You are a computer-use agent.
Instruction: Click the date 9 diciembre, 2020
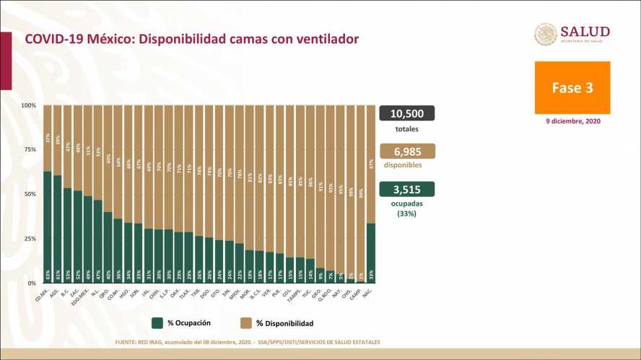tap(572, 121)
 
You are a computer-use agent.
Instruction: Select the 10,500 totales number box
tap(406, 113)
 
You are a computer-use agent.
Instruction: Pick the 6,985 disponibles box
tap(406, 151)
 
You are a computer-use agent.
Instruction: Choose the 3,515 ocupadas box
tap(406, 188)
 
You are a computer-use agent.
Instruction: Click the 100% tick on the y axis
tap(28, 105)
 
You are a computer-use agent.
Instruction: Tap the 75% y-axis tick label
tap(30, 150)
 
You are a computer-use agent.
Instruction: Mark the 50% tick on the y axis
tap(30, 194)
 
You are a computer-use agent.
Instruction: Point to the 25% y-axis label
tap(30, 239)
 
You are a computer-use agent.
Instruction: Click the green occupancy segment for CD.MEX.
tap(48, 227)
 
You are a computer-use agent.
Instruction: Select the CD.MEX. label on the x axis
tap(42, 295)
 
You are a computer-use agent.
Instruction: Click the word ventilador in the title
tap(323, 38)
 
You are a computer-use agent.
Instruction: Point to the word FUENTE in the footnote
tap(128, 342)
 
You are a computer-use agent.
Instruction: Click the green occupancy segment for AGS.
tap(58, 229)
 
